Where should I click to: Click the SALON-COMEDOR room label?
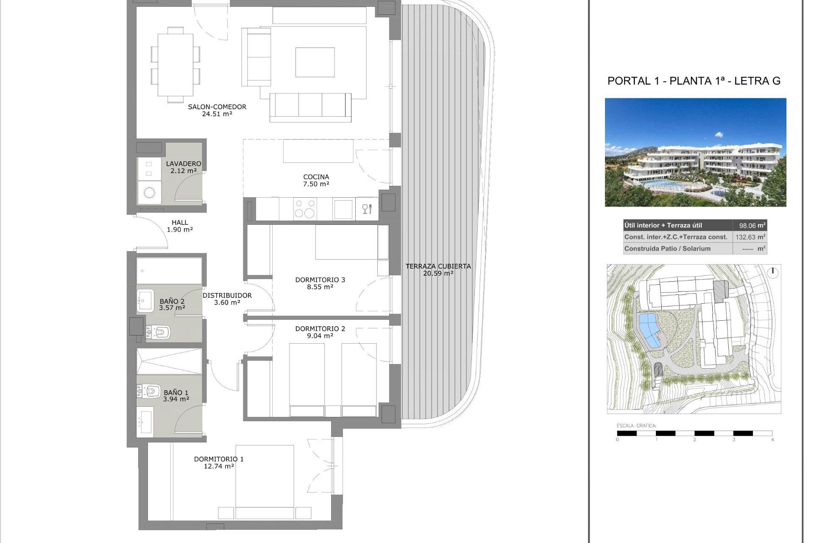(217, 107)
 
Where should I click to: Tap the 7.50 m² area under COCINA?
(316, 184)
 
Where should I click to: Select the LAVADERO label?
(183, 164)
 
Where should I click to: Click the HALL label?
(180, 222)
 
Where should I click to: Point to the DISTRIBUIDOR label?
(227, 295)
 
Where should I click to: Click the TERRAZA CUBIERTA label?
(438, 266)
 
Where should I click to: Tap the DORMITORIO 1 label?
(219, 459)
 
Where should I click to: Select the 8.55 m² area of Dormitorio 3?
(320, 287)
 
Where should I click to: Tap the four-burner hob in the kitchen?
(305, 209)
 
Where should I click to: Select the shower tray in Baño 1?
(169, 361)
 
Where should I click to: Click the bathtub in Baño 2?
(169, 271)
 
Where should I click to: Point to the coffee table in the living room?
(315, 62)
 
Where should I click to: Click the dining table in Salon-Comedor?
(176, 65)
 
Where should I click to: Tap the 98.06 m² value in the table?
(750, 226)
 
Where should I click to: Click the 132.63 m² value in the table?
(750, 237)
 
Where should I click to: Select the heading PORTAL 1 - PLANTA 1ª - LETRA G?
(694, 81)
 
